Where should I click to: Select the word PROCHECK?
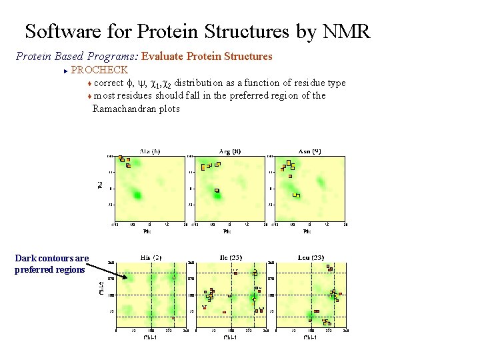[x=99, y=69]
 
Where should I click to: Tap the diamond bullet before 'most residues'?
[x=89, y=96]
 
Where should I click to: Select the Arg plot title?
[x=230, y=151]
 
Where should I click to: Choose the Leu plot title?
[x=311, y=257]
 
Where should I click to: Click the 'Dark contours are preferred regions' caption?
[x=51, y=264]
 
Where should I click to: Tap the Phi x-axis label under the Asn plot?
[x=307, y=232]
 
